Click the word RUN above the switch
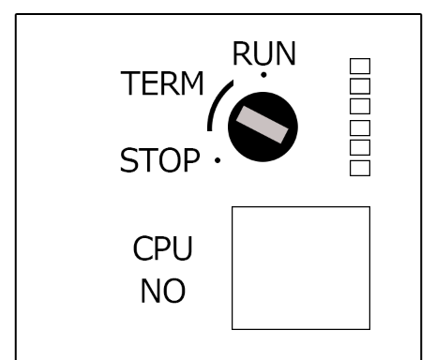pyautogui.click(x=264, y=54)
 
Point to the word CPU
pyautogui.click(x=163, y=250)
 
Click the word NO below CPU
pyautogui.click(x=163, y=292)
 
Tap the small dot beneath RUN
pyautogui.click(x=263, y=74)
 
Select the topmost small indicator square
pyautogui.click(x=359, y=67)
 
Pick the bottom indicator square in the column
pyautogui.click(x=359, y=167)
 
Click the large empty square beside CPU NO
pyautogui.click(x=300, y=267)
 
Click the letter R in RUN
pyautogui.click(x=242, y=54)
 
